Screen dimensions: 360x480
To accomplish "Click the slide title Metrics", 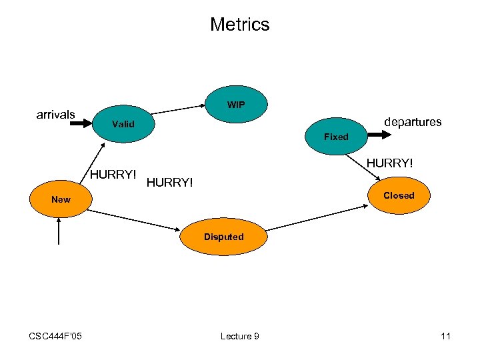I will coord(239,25).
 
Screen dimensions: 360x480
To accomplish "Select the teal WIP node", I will coord(236,105).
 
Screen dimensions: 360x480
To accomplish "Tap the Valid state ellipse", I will coord(123,124).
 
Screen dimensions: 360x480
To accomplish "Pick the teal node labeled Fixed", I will coord(336,137).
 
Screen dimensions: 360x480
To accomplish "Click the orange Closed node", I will coord(399,195).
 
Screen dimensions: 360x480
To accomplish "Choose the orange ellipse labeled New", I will coord(61,199).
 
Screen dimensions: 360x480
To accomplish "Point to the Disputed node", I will coord(223,237).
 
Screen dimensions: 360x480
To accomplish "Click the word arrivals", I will coord(55,115).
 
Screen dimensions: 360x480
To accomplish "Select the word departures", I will coord(413,122).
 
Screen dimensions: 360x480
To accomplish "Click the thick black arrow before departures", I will coord(379,135).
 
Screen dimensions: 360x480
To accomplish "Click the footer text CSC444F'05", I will coord(55,336).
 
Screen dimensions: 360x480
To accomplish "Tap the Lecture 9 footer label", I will coord(239,336).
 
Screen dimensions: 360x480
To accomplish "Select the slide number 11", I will coord(445,336).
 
